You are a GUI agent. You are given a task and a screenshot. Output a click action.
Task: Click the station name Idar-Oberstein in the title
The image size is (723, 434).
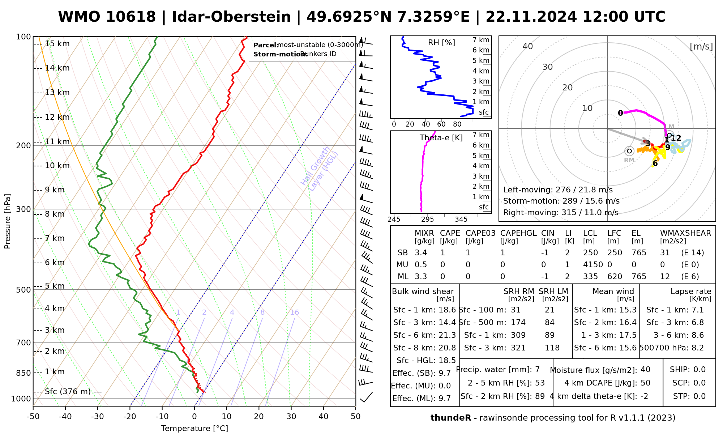click(231, 17)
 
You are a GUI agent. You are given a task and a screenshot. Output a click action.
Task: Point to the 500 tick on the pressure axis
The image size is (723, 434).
click(24, 290)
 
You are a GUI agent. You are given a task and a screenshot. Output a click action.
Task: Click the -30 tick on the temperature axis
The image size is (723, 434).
click(98, 417)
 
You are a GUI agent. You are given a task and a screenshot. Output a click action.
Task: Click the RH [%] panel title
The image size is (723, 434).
click(441, 43)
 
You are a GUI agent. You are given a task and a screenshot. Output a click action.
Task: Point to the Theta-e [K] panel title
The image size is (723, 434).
click(441, 138)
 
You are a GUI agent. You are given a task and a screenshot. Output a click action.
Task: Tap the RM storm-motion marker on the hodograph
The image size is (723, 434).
click(629, 151)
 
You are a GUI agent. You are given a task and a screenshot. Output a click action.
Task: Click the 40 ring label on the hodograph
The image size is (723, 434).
click(528, 46)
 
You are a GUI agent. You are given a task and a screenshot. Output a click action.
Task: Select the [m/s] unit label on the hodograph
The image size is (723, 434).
click(701, 46)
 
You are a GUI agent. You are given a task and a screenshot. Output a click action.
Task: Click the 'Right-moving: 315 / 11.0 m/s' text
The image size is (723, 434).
click(561, 212)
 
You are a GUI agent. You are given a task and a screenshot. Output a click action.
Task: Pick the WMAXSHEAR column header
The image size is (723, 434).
click(685, 233)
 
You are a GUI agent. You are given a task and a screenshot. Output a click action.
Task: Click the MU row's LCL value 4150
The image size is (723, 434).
click(593, 265)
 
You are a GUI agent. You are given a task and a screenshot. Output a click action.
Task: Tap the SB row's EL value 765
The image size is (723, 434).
click(639, 253)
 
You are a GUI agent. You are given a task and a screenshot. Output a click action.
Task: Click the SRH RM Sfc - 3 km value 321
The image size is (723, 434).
click(518, 348)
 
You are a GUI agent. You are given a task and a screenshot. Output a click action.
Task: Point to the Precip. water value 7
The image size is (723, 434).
click(537, 370)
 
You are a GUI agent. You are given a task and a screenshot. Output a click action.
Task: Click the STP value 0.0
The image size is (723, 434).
click(700, 396)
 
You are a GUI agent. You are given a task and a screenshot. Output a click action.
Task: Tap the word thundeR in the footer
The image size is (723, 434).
click(450, 418)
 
